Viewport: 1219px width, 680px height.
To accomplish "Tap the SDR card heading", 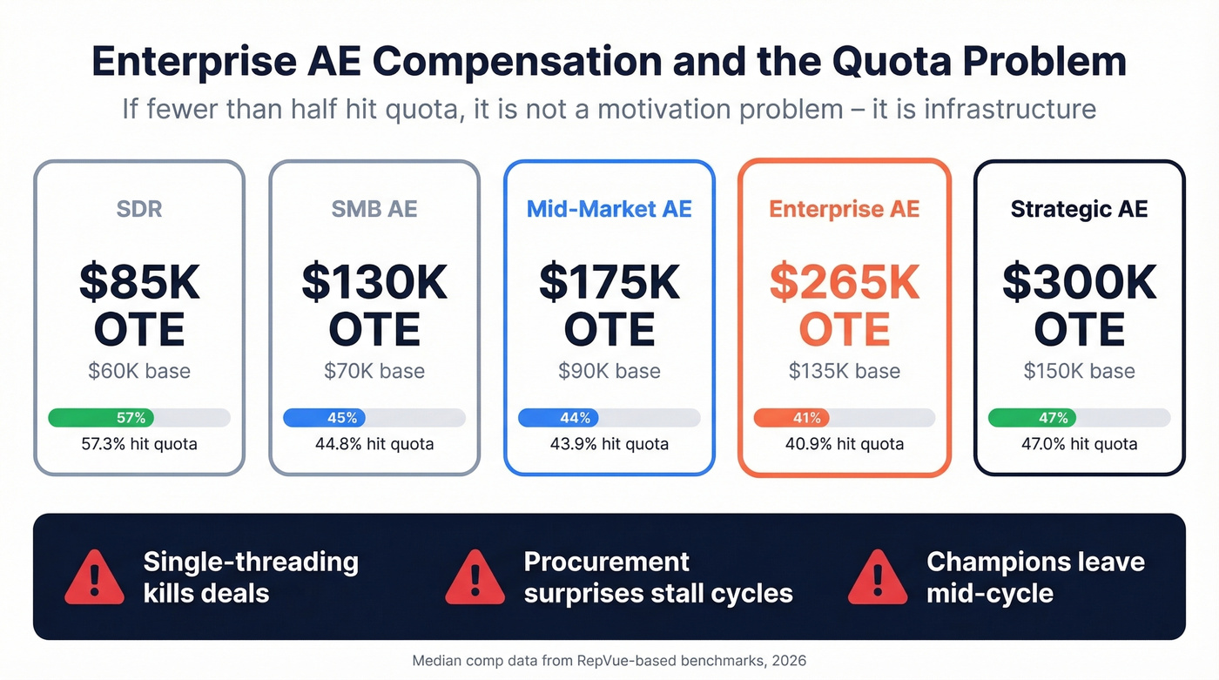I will click(139, 209).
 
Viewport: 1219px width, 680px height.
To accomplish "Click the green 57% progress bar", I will click(101, 418).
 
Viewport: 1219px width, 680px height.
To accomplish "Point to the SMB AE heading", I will click(374, 209).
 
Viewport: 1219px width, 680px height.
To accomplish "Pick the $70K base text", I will click(374, 371).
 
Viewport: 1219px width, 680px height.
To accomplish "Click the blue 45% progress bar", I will click(325, 418).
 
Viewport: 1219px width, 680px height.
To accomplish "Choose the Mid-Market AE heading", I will click(609, 209).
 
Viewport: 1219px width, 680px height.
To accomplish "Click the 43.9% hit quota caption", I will click(609, 444).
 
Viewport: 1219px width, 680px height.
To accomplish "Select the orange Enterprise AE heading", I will click(845, 209).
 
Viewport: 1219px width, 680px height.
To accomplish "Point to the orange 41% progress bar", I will click(791, 418).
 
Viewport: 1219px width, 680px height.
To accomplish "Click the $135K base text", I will click(845, 371).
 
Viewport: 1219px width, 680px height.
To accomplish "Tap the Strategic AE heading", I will click(1080, 209).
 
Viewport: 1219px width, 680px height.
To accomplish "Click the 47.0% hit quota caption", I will click(1080, 444).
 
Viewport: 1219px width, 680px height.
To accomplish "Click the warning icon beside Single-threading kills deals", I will click(94, 577).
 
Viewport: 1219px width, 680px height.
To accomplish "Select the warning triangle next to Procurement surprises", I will click(475, 577).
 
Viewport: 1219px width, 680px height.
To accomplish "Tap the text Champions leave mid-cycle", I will click(1034, 577).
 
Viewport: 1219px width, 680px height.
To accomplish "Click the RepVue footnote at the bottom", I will click(609, 660).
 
